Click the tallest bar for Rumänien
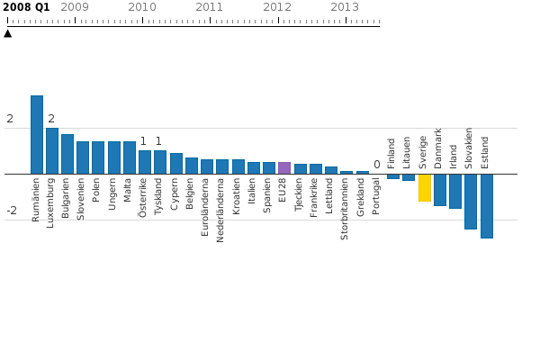coord(37,134)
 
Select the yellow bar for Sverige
coord(425,187)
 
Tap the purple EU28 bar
coord(284,168)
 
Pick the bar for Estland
coord(487,205)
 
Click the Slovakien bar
coord(471,201)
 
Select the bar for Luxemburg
coord(52,150)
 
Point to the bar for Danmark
coord(440,189)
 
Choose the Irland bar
coord(455,191)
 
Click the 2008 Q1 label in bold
coord(26,7)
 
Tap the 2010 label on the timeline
coord(142,7)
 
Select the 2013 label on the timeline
coord(345,7)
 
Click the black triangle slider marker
coord(8,33)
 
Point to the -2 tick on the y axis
coord(12,211)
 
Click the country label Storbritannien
coord(346,208)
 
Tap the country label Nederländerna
coord(221,210)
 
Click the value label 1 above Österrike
coord(143,141)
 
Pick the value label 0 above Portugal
coord(377,165)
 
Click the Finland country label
coord(392,153)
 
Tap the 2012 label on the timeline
coord(277,7)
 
